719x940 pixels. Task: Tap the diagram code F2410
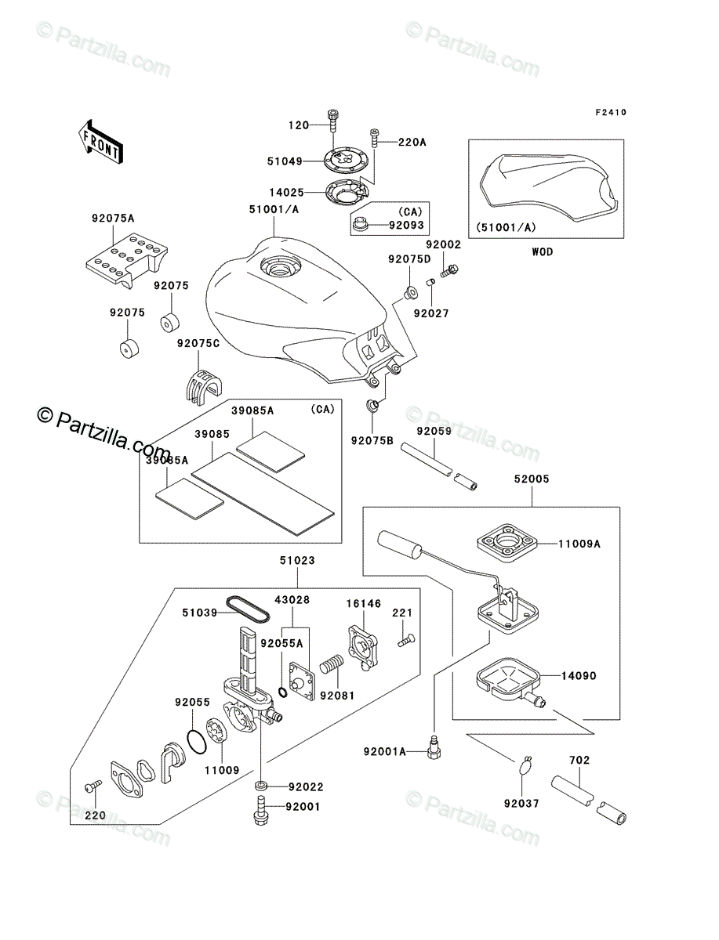tap(610, 112)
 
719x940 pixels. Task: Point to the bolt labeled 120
tap(334, 121)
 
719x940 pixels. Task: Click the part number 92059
tap(432, 431)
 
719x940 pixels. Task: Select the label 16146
tap(363, 603)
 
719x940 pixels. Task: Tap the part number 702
tap(579, 760)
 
